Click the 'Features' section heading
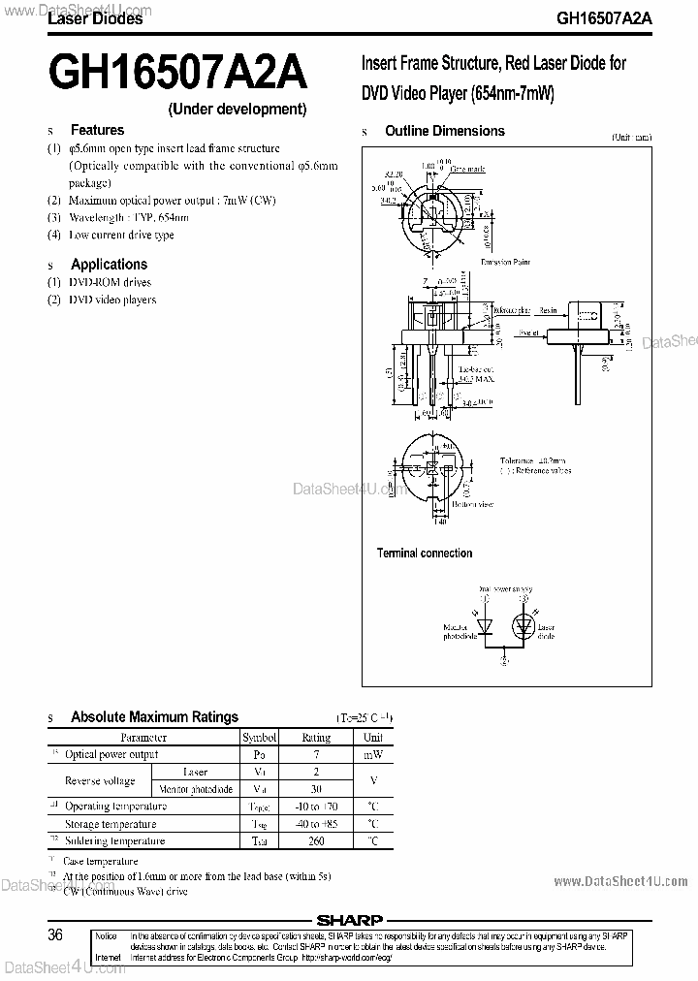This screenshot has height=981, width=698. [x=97, y=130]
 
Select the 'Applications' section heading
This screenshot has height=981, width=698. [x=109, y=264]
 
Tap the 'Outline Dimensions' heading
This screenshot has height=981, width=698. [x=445, y=131]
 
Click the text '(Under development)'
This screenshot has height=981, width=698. [x=238, y=109]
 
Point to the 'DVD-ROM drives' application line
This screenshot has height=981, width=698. [x=110, y=282]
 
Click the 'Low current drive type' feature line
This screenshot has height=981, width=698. [x=121, y=236]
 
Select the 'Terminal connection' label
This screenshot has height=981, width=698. [x=425, y=554]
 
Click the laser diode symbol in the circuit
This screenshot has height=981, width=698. [x=524, y=626]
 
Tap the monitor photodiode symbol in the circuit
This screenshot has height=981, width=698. [x=484, y=626]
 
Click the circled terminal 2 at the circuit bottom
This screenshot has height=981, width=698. [x=503, y=660]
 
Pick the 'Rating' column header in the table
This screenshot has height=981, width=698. [x=316, y=738]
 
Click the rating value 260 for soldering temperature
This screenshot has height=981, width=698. [x=316, y=841]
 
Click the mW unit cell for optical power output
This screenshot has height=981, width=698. [x=372, y=754]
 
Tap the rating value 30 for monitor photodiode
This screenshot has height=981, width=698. [x=316, y=789]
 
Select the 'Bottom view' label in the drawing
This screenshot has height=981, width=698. [x=472, y=504]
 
